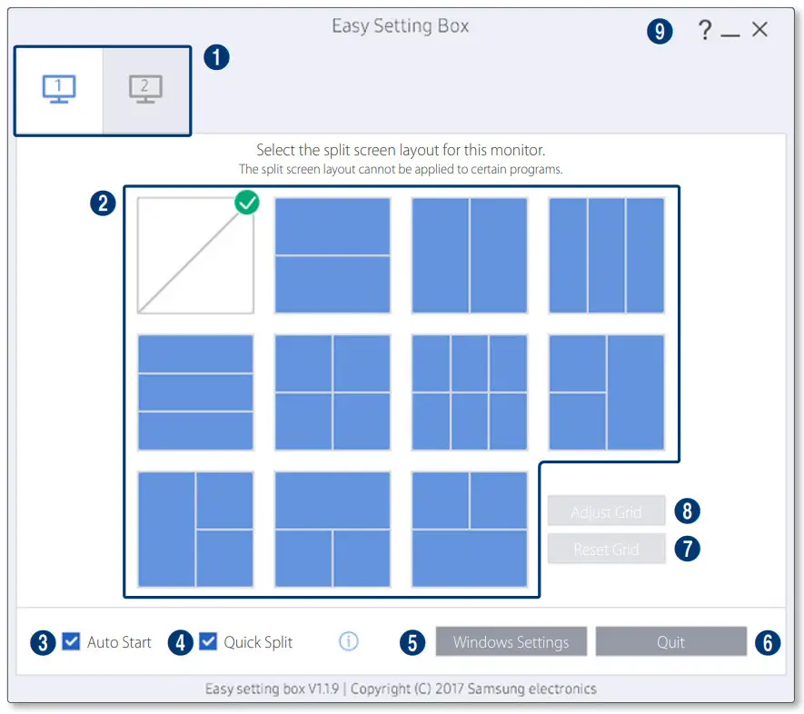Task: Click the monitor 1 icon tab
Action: click(x=59, y=90)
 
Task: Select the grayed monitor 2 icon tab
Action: click(x=145, y=90)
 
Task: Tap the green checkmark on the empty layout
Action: click(x=247, y=203)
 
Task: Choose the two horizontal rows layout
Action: click(x=333, y=255)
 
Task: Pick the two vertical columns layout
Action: click(x=469, y=255)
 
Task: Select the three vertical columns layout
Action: click(x=606, y=255)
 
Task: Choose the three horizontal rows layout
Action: click(x=195, y=392)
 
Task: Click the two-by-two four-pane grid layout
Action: click(x=333, y=392)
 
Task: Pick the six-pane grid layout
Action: click(x=469, y=392)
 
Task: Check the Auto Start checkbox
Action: click(x=71, y=642)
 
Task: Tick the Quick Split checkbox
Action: click(x=208, y=642)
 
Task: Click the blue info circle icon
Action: click(x=349, y=642)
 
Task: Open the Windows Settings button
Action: click(x=511, y=642)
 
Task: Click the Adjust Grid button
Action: click(x=606, y=512)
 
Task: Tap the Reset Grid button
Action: click(x=606, y=550)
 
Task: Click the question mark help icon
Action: click(x=704, y=31)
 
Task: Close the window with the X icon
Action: click(x=759, y=30)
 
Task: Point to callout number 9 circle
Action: click(x=660, y=32)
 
